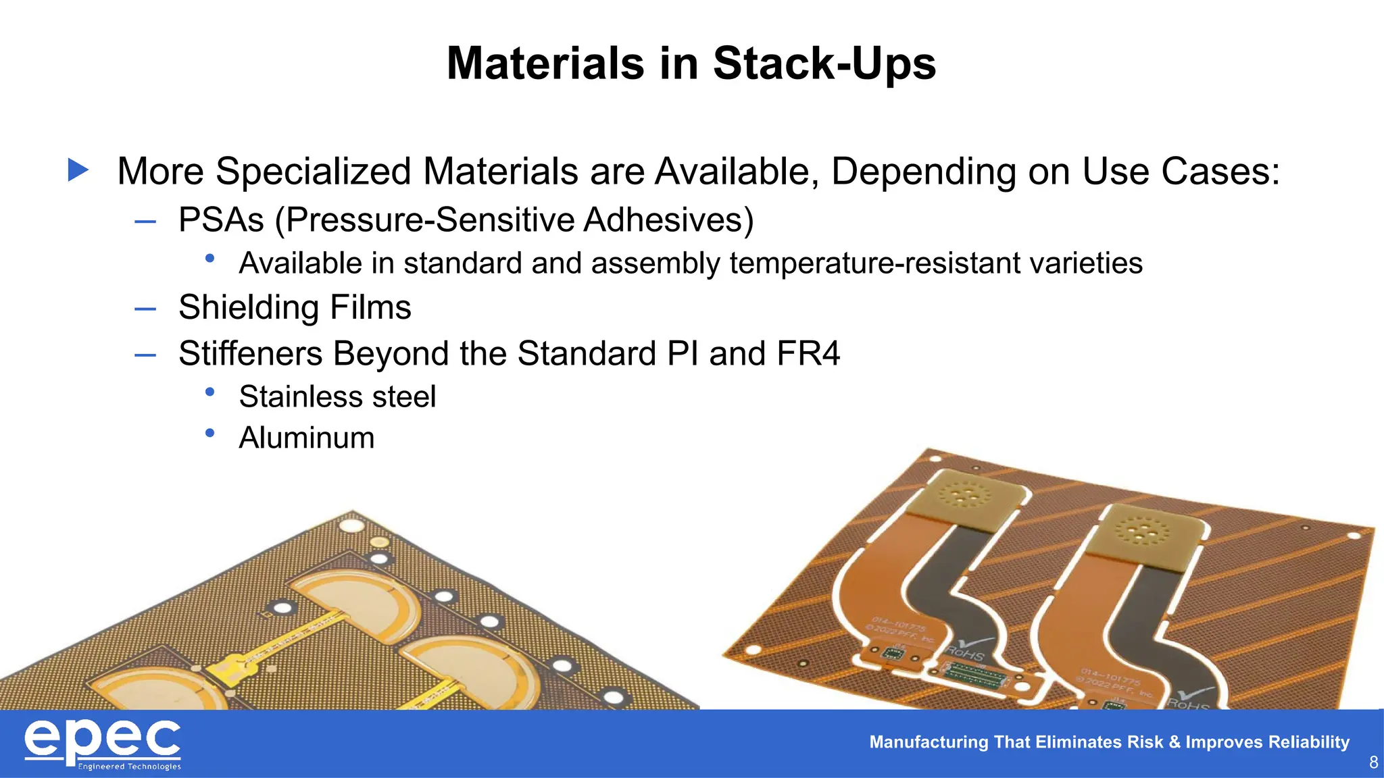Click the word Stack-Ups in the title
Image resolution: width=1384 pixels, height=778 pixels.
(x=824, y=63)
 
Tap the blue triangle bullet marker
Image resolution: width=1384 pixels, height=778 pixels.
(x=78, y=170)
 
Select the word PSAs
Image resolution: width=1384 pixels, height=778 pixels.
(x=221, y=220)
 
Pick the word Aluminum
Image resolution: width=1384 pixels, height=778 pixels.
(x=307, y=438)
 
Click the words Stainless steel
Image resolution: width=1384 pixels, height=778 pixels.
(x=337, y=396)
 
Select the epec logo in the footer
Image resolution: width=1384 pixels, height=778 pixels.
(x=103, y=741)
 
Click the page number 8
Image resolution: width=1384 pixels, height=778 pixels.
(x=1373, y=762)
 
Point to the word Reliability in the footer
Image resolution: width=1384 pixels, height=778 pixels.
(x=1308, y=742)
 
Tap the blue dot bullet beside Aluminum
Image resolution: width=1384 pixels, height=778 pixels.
(x=210, y=433)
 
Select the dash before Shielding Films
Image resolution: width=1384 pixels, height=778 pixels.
(x=145, y=309)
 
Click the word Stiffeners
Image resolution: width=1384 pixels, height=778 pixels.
(x=251, y=353)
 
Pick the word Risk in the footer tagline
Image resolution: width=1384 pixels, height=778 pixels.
(x=1145, y=742)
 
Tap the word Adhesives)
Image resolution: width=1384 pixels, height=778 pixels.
(x=668, y=220)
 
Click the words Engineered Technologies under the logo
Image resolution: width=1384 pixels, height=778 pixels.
(x=130, y=767)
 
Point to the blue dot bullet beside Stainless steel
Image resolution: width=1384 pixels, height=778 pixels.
(x=210, y=392)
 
